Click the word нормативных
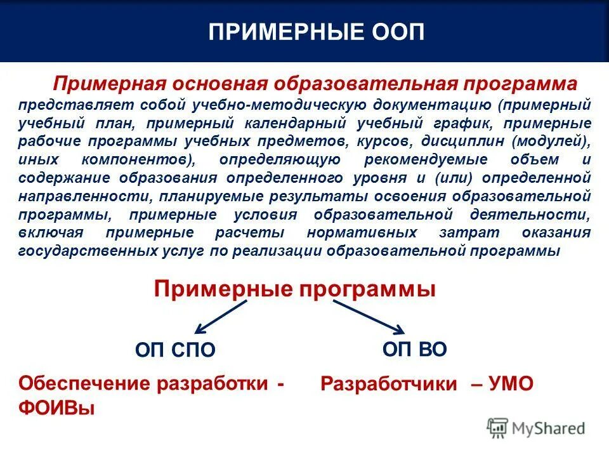(x=362, y=232)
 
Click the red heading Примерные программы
(x=295, y=289)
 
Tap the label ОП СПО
(x=176, y=350)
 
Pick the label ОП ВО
(x=414, y=348)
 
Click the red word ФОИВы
(x=57, y=407)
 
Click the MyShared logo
(x=536, y=429)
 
